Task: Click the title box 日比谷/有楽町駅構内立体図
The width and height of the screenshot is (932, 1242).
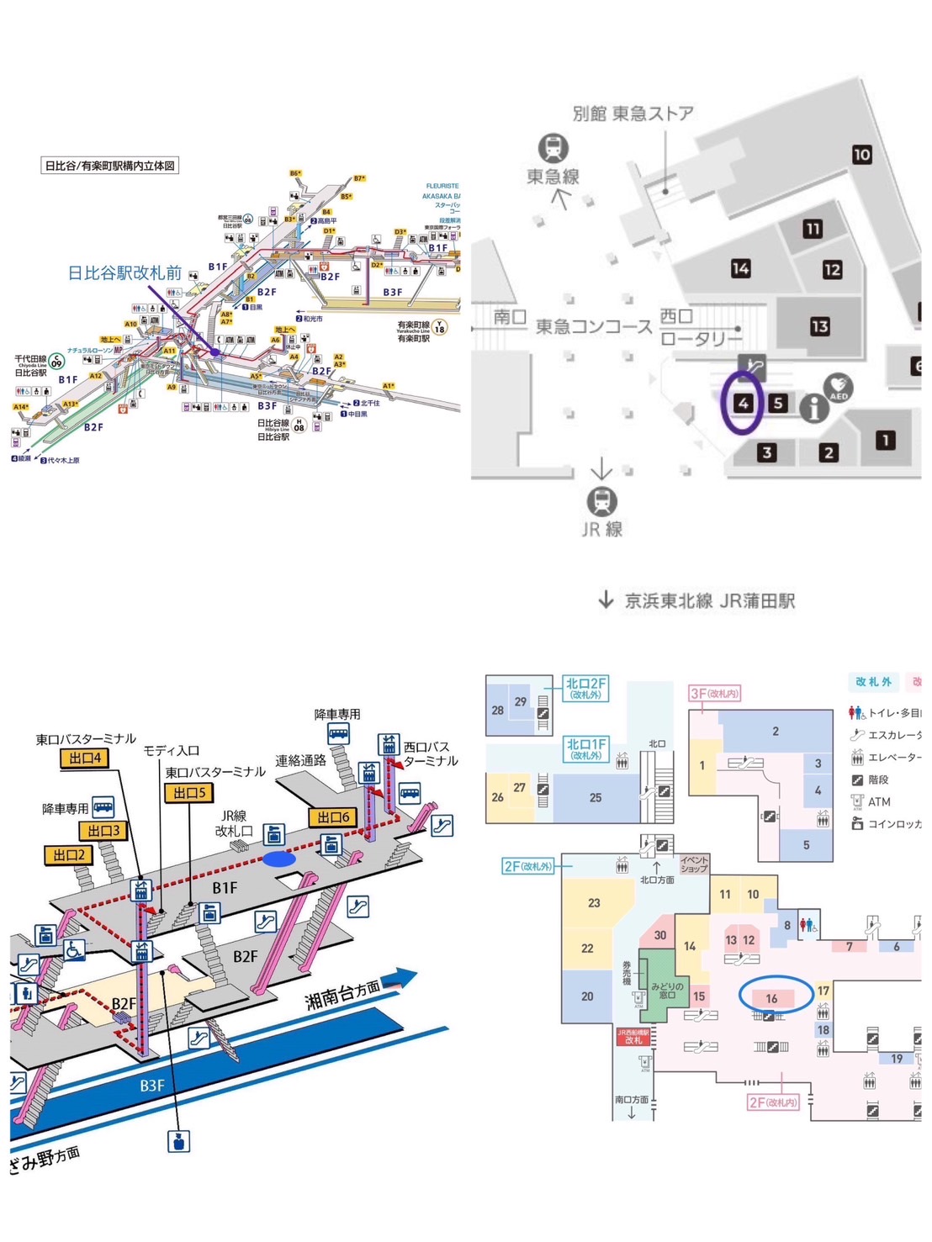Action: point(110,166)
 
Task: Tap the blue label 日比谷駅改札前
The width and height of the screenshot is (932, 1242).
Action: point(124,272)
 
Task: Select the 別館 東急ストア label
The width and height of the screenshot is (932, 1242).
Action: point(633,114)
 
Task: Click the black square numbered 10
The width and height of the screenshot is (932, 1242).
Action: point(861,155)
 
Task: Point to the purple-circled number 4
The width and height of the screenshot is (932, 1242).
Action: point(743,403)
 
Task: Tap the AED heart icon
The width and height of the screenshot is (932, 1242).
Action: point(838,388)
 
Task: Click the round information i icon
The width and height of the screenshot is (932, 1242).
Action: point(813,409)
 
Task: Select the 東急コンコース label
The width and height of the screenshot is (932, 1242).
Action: point(594,326)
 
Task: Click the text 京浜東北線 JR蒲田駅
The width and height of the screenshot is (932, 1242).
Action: point(709,600)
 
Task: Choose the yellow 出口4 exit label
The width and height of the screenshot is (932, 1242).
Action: point(85,758)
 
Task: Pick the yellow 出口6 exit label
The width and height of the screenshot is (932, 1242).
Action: point(333,817)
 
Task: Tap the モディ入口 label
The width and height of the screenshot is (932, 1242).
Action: point(171,750)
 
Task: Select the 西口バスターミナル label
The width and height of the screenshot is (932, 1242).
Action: point(430,753)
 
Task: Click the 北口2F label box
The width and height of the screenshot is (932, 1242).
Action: point(585,689)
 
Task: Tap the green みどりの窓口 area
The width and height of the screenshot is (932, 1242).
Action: point(667,990)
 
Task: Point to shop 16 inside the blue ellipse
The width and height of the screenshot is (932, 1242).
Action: point(771,998)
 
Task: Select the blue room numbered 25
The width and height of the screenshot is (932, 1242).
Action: point(596,797)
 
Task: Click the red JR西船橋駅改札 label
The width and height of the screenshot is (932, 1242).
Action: point(633,1036)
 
